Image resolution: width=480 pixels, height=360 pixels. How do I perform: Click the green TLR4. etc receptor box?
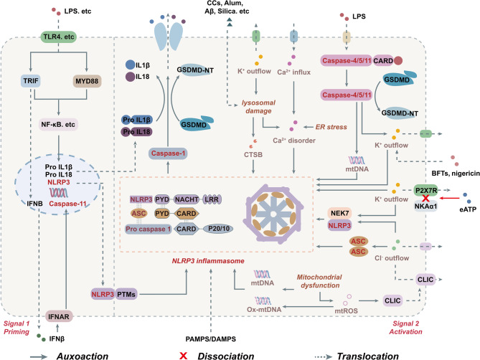tap(58, 37)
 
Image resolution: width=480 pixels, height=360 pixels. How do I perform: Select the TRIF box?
tap(31, 81)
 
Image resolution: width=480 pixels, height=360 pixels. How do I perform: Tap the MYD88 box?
tap(87, 81)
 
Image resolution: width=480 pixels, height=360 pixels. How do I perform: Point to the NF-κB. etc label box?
tap(58, 125)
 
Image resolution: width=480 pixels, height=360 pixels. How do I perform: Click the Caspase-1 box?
tap(168, 153)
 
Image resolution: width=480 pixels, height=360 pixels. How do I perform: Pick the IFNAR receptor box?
tap(58, 316)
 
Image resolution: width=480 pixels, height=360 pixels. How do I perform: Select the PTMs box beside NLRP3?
tap(126, 294)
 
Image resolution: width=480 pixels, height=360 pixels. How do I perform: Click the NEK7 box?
tap(339, 213)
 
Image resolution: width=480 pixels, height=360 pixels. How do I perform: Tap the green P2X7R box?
tap(425, 190)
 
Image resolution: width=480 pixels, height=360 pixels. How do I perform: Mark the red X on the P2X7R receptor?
tap(425, 198)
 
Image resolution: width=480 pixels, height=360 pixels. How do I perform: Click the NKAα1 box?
tap(425, 206)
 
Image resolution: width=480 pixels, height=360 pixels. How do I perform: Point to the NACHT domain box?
tap(187, 199)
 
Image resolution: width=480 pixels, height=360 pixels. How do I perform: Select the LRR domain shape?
tap(212, 199)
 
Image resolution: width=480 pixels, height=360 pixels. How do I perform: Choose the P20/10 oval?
tap(219, 229)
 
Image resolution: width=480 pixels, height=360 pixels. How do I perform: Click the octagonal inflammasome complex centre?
tap(273, 214)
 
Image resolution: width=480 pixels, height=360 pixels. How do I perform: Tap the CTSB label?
tap(253, 155)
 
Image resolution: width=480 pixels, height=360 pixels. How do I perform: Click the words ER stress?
tap(331, 127)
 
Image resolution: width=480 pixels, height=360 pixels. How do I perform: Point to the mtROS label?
tap(346, 311)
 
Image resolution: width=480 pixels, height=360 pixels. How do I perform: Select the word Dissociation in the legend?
tap(226, 356)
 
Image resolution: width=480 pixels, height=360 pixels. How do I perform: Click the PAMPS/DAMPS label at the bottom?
tap(211, 339)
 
